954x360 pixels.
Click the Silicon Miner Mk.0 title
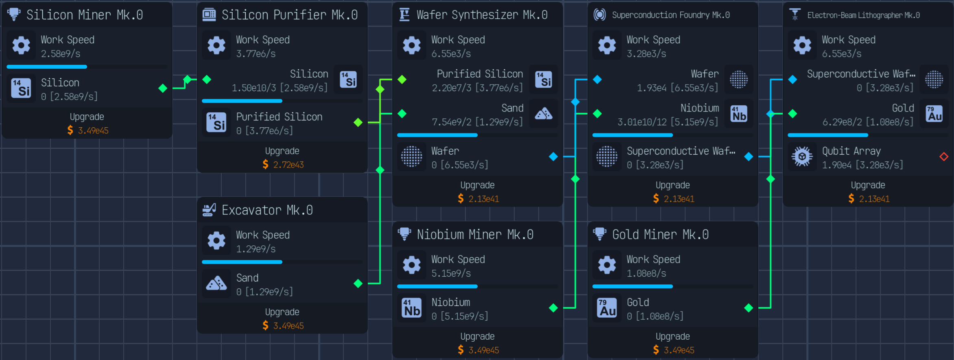[85, 15]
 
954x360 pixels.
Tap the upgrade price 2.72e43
[288, 165]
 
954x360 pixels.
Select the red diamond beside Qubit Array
[944, 157]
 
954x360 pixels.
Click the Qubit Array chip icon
[802, 157]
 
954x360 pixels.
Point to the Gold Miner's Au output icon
[607, 308]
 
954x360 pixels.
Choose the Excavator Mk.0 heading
[267, 210]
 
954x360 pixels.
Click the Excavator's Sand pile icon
[216, 284]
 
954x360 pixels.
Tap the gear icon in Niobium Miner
[412, 265]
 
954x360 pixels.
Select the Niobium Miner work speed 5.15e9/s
[451, 273]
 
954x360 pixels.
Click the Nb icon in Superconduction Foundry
[739, 113]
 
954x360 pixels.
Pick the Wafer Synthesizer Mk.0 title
[482, 15]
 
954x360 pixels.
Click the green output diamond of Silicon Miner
[163, 88]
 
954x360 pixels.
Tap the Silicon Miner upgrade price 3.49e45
[93, 131]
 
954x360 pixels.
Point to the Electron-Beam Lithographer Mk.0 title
[863, 15]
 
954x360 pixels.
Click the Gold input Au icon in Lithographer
[934, 113]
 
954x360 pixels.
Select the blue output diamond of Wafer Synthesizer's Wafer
[553, 157]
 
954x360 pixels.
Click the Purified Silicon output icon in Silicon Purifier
[216, 122]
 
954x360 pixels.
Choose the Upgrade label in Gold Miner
[672, 336]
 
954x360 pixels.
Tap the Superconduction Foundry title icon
[600, 15]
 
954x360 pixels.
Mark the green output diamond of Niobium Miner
[553, 308]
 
